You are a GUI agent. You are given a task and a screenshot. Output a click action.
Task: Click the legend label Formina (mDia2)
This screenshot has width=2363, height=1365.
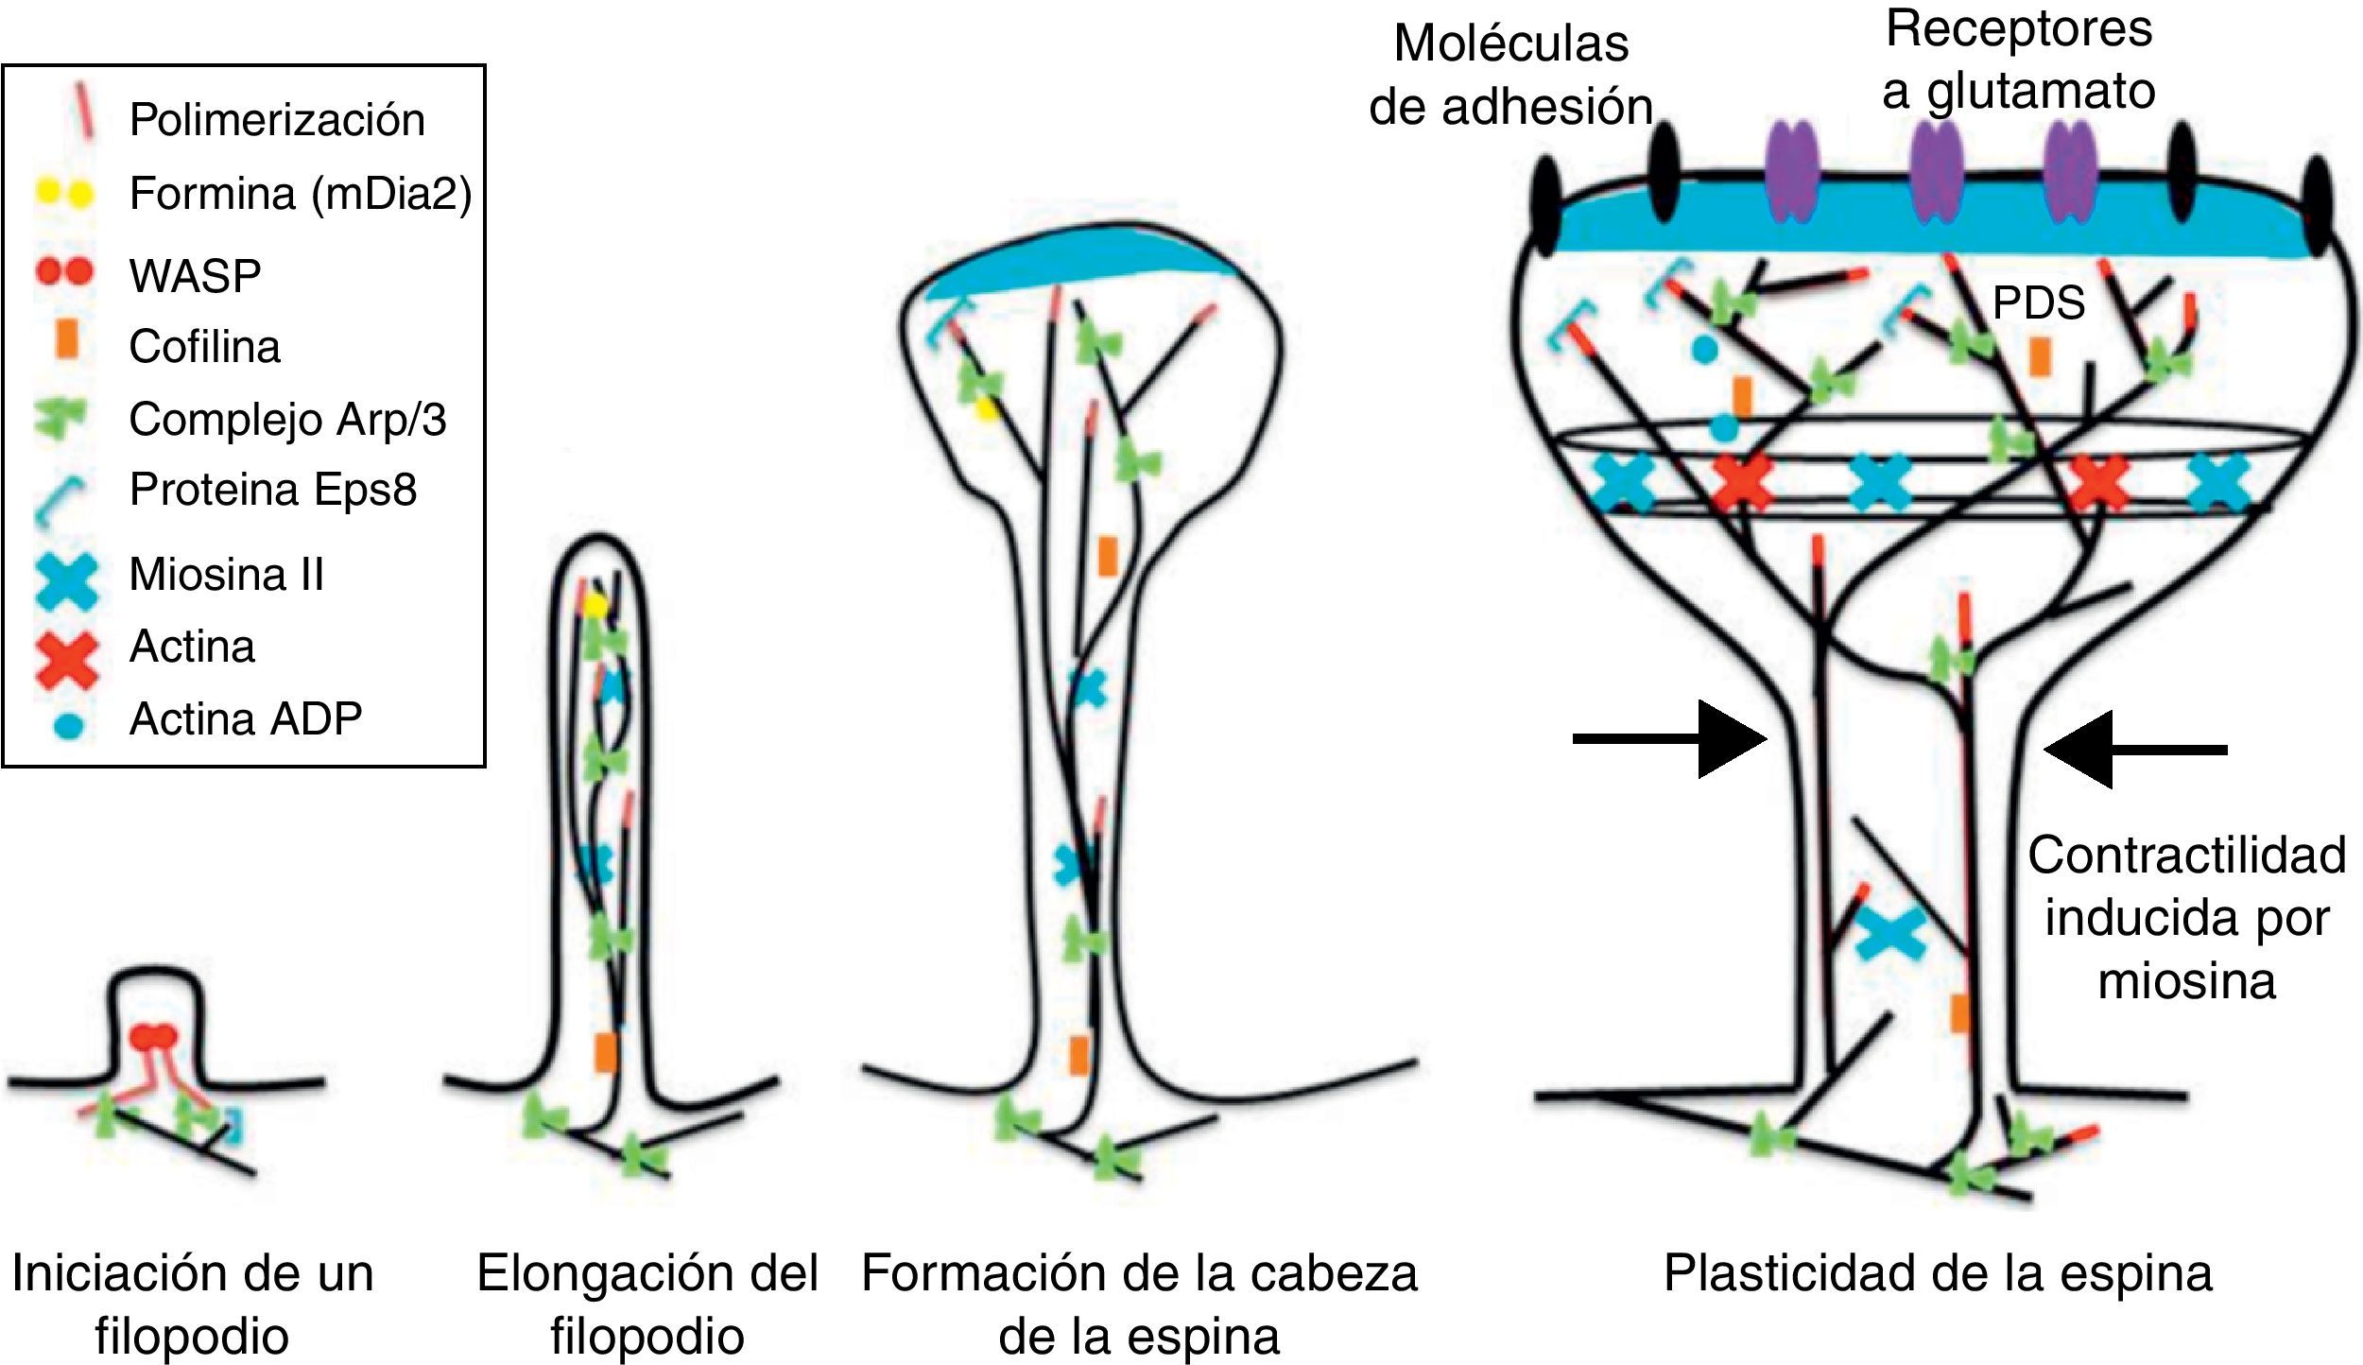(x=300, y=194)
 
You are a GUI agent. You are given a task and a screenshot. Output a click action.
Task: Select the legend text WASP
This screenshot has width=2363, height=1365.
(x=195, y=275)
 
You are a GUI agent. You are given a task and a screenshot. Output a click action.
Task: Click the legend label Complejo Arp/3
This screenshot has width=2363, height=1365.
(x=287, y=419)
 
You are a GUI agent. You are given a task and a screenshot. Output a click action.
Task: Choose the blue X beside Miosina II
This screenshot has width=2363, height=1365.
(x=67, y=579)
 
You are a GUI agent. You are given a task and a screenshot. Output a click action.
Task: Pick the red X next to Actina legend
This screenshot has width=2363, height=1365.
(x=67, y=658)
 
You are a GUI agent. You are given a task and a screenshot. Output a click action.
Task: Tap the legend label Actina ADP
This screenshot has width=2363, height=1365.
(x=246, y=719)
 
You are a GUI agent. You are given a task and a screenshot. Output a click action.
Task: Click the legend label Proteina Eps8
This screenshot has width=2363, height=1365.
(x=272, y=490)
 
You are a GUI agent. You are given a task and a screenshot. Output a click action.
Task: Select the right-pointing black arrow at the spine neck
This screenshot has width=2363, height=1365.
(x=1669, y=739)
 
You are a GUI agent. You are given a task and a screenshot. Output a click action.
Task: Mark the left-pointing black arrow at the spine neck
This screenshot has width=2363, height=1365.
(x=2135, y=750)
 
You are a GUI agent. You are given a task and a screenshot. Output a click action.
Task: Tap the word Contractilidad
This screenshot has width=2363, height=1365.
(x=2186, y=855)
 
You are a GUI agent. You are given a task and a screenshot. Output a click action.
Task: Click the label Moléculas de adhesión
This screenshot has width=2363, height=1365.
(x=1510, y=75)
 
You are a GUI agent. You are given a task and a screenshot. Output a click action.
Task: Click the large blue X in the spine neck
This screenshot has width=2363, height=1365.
(x=1889, y=934)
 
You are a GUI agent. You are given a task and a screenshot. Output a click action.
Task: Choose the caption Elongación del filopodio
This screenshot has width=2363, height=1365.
(x=647, y=1305)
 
